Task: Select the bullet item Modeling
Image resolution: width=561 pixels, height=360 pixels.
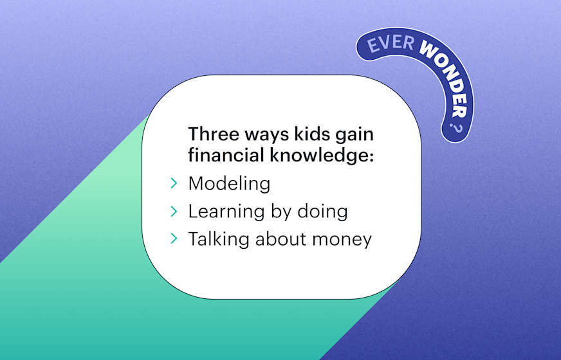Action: (x=229, y=184)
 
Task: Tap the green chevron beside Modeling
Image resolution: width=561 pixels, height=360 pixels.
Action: (x=174, y=184)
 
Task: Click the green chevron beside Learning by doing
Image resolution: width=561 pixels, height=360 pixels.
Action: (x=174, y=212)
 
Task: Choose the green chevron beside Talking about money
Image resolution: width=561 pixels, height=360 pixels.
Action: (x=174, y=239)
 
